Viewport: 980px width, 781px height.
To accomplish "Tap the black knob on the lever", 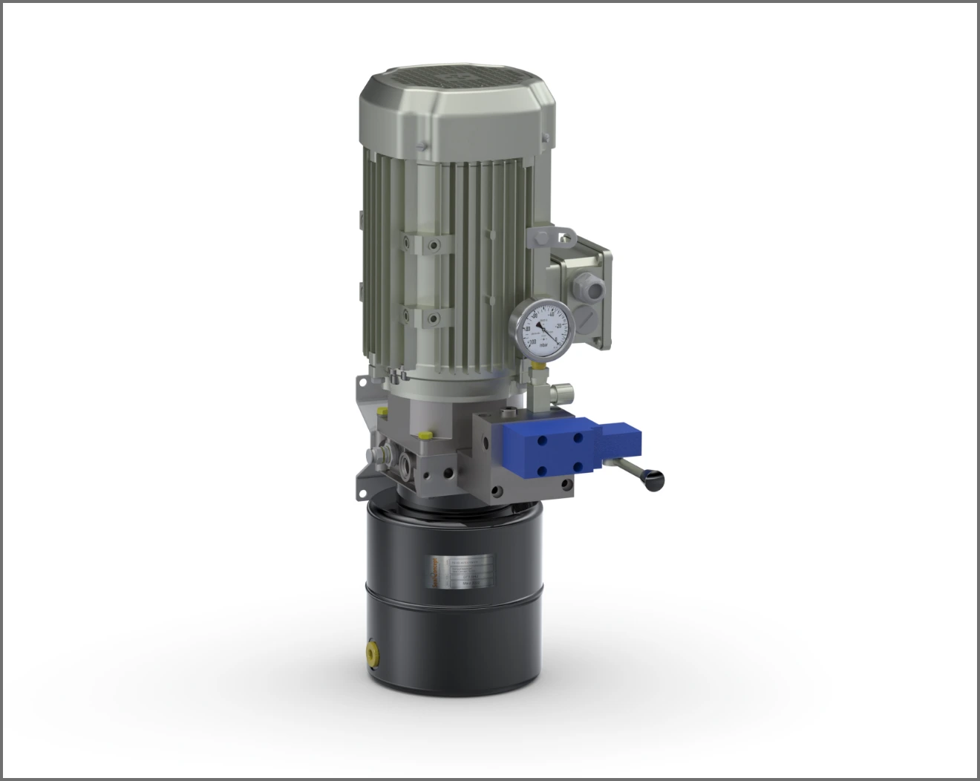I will point(653,481).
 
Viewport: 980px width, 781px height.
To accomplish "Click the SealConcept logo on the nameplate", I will point(436,572).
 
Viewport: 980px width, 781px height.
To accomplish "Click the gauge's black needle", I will point(549,331).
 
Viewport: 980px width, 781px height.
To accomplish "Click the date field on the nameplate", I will point(475,584).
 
